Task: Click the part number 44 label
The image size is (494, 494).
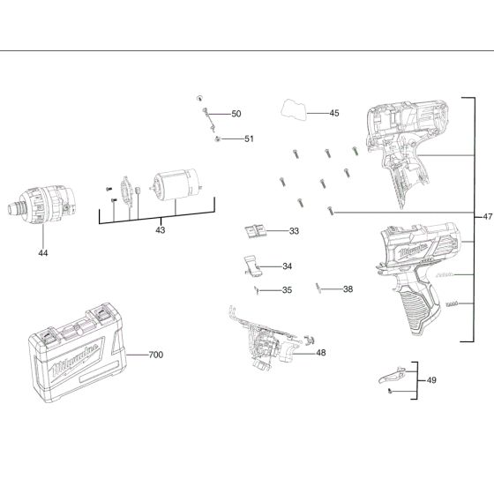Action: pos(42,253)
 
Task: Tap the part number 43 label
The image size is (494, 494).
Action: pos(160,230)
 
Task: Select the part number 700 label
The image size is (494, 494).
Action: pos(155,355)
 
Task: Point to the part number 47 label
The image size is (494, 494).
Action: pos(488,216)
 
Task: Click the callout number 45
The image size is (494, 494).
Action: pos(334,113)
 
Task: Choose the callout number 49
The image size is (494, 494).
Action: pos(430,380)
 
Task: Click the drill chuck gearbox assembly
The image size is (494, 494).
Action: pos(41,208)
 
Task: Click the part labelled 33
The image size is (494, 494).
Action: pos(257,230)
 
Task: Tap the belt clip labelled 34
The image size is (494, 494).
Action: pos(253,265)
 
